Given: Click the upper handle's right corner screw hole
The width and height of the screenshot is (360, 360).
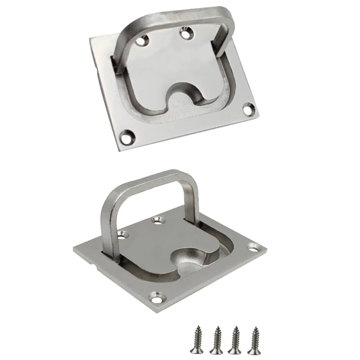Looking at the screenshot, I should pos(247,108).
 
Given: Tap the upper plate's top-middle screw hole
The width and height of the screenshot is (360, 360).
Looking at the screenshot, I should pos(185,31).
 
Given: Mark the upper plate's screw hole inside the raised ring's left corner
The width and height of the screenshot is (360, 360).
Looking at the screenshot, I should pos(144,41).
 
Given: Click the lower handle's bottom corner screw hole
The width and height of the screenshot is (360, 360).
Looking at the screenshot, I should pos(158,296).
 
